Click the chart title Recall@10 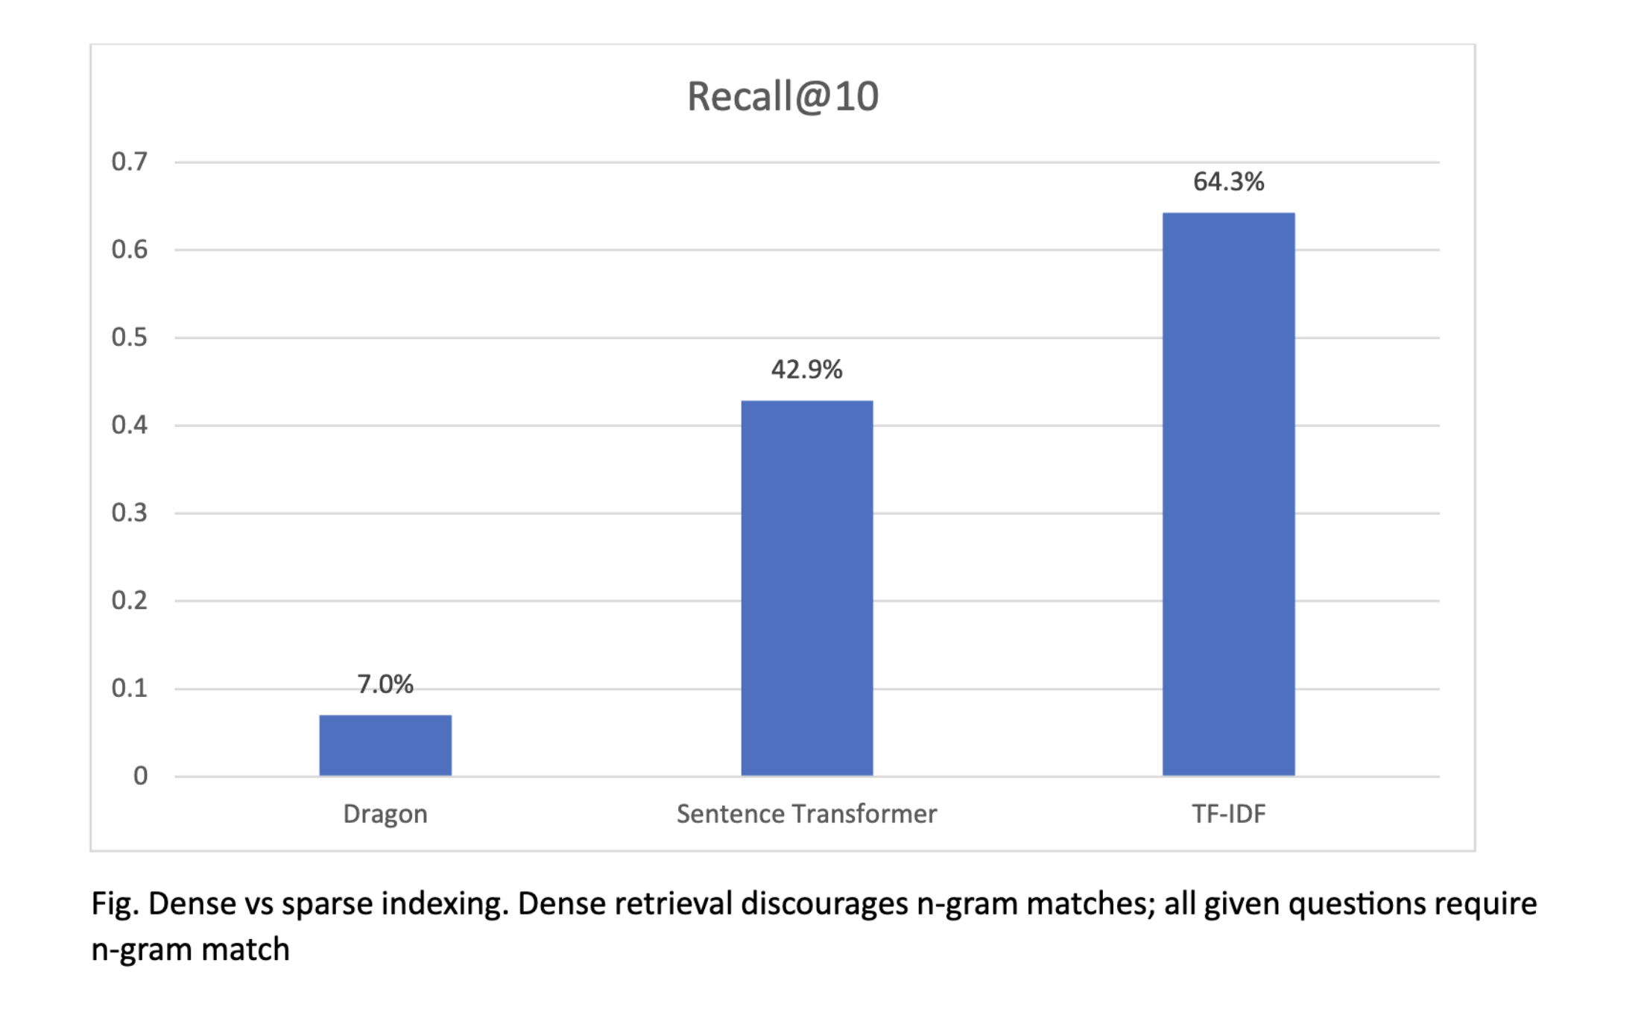point(783,97)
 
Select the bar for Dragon point(385,745)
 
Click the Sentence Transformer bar point(806,588)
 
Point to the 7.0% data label point(385,684)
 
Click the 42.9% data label point(806,370)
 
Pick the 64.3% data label point(1228,182)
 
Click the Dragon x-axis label point(385,814)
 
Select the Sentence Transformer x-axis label point(806,814)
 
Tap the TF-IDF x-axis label point(1228,814)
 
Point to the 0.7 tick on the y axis point(130,162)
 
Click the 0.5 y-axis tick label point(130,338)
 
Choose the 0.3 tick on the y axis point(130,513)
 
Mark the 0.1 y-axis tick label point(130,689)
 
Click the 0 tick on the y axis point(140,777)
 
